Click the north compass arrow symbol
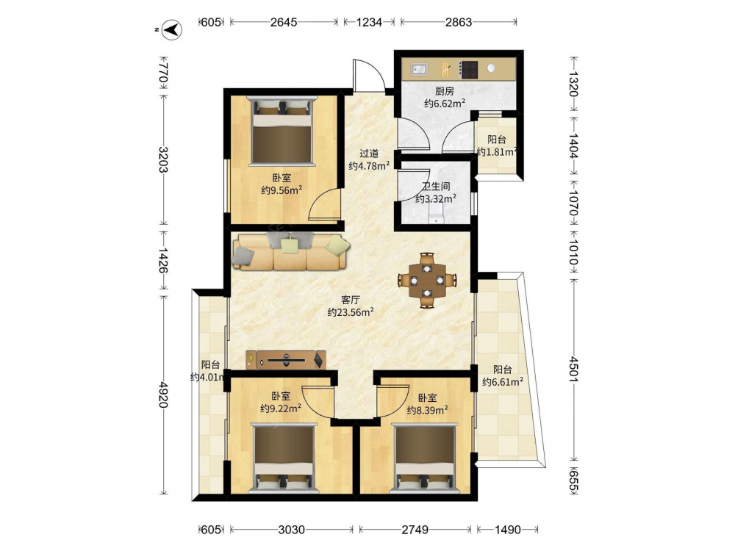point(173,30)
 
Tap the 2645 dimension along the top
point(284,22)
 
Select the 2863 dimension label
point(459,22)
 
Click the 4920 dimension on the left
point(162,394)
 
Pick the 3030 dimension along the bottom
point(291,530)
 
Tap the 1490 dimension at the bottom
point(508,530)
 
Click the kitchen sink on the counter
point(420,69)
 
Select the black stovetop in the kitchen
point(467,69)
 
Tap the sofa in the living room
point(290,251)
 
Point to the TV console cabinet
point(286,360)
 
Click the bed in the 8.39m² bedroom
point(425,458)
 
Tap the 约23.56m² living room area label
point(350,312)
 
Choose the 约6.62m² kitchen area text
point(445,104)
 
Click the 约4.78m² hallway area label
point(370,166)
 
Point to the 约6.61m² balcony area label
point(503,382)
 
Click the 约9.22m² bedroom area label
point(281,408)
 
